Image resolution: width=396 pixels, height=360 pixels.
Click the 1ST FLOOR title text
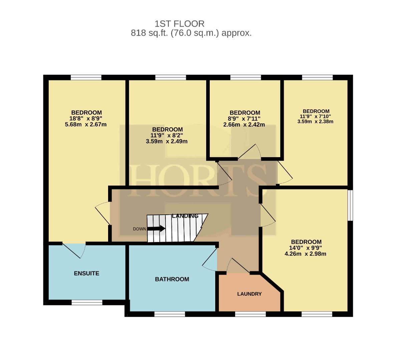tap(179, 24)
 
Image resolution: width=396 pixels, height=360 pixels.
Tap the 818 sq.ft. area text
tap(149, 33)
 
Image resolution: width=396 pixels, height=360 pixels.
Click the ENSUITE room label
tap(86, 273)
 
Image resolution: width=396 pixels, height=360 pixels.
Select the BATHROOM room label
tap(172, 279)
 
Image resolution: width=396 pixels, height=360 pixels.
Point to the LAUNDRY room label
tap(249, 294)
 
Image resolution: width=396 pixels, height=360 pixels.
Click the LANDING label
tap(185, 216)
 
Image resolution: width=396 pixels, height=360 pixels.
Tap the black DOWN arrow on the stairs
tap(156, 229)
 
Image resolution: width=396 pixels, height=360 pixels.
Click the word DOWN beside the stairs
tap(139, 229)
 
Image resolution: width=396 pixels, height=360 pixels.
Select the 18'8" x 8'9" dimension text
tap(86, 118)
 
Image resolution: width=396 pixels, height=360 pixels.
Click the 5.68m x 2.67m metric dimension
tap(86, 124)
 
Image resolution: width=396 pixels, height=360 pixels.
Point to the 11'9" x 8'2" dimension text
tap(167, 135)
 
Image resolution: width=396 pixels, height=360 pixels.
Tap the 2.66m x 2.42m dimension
tap(244, 124)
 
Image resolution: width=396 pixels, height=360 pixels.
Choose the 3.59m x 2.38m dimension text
tap(315, 121)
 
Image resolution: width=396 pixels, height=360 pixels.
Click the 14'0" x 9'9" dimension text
tap(306, 248)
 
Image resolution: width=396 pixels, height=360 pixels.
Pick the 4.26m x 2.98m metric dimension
tap(305, 254)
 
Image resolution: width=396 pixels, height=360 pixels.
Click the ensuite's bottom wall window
tap(87, 302)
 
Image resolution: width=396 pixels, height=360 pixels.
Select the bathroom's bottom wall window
tap(169, 314)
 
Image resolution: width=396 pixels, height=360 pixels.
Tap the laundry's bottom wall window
tap(250, 314)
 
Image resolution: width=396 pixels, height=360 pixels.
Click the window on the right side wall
tap(350, 205)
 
